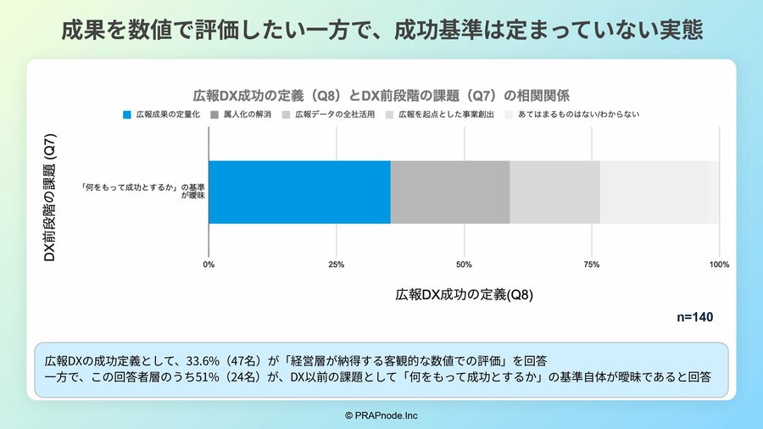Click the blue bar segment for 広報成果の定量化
[x=299, y=192]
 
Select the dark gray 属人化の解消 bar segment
[x=450, y=192]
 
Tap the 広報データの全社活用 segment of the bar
[x=554, y=192]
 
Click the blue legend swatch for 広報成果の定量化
[x=128, y=114]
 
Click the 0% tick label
[x=209, y=265]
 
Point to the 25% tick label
[x=336, y=265]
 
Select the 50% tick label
[x=464, y=265]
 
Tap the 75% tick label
[x=592, y=265]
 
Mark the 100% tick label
[x=719, y=265]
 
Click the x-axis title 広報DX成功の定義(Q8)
[x=464, y=295]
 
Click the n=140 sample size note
[x=694, y=317]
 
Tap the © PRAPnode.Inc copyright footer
[x=381, y=415]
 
